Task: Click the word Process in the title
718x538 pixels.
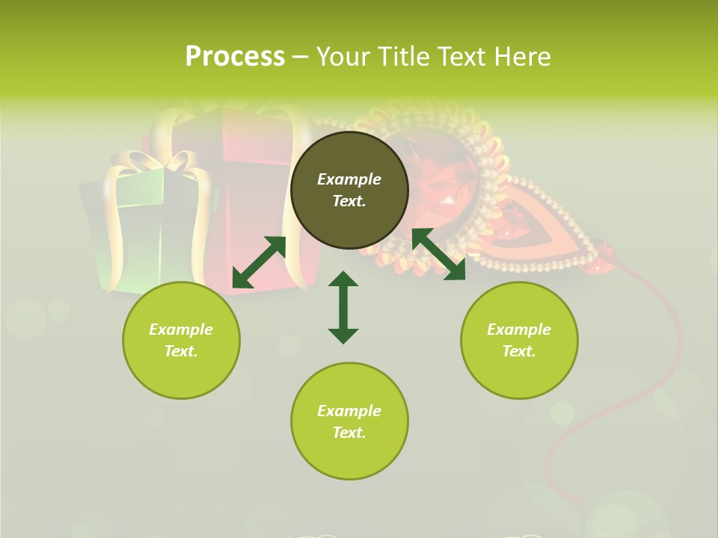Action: tap(235, 57)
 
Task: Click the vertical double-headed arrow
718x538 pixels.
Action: tap(343, 307)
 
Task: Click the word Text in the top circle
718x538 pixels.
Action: tap(349, 201)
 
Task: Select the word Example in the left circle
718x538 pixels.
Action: tap(181, 330)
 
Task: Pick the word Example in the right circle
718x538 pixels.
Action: tap(519, 330)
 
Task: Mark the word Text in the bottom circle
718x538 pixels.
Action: tap(349, 433)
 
